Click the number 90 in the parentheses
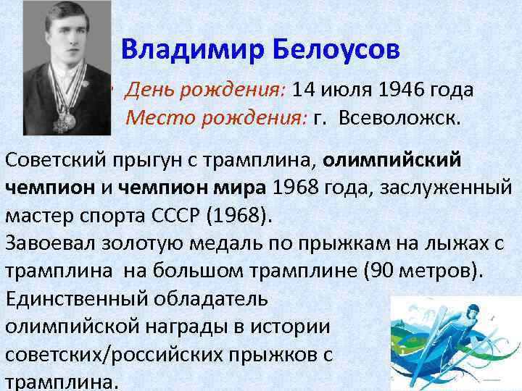381,270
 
